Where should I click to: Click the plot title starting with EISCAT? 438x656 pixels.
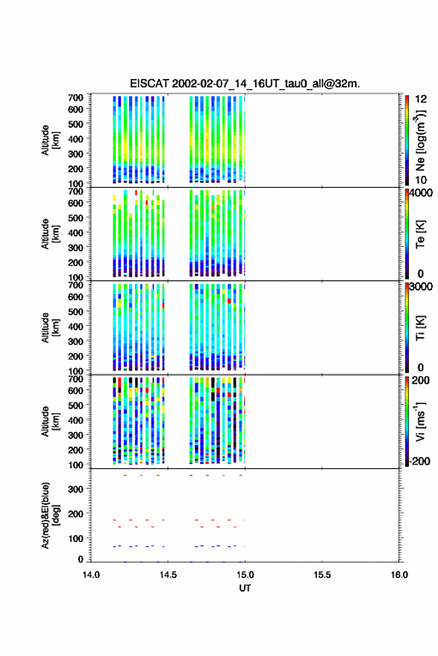click(x=245, y=83)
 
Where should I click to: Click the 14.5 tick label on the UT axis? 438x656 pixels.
click(x=168, y=575)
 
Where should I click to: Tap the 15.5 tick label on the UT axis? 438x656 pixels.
click(x=322, y=575)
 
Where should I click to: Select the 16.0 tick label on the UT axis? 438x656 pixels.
click(x=399, y=575)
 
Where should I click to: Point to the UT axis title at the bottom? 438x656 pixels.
click(x=245, y=588)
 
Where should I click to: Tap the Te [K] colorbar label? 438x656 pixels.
click(x=420, y=234)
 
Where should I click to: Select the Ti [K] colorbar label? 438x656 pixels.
click(x=420, y=328)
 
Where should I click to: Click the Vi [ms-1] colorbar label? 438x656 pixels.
click(x=420, y=422)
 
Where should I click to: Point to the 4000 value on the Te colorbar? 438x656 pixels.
click(x=421, y=193)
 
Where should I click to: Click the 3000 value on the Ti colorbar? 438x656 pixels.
click(x=421, y=286)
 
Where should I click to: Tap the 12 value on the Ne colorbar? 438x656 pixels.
click(x=421, y=99)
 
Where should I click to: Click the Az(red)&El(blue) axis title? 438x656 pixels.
click(x=50, y=515)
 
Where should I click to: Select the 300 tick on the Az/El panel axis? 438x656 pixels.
click(x=75, y=489)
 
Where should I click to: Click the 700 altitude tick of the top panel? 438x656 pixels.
click(x=75, y=98)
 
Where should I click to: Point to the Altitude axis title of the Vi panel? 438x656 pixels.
click(x=50, y=422)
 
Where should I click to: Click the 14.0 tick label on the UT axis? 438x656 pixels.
click(x=91, y=575)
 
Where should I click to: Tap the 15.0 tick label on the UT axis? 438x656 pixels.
click(x=245, y=575)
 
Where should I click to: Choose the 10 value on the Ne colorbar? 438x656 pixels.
click(x=421, y=180)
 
